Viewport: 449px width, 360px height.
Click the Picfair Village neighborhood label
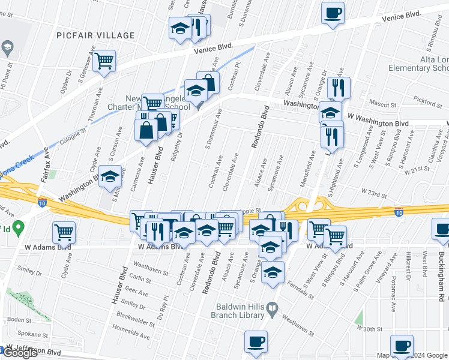pos(96,35)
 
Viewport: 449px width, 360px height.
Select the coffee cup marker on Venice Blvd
pos(333,13)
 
